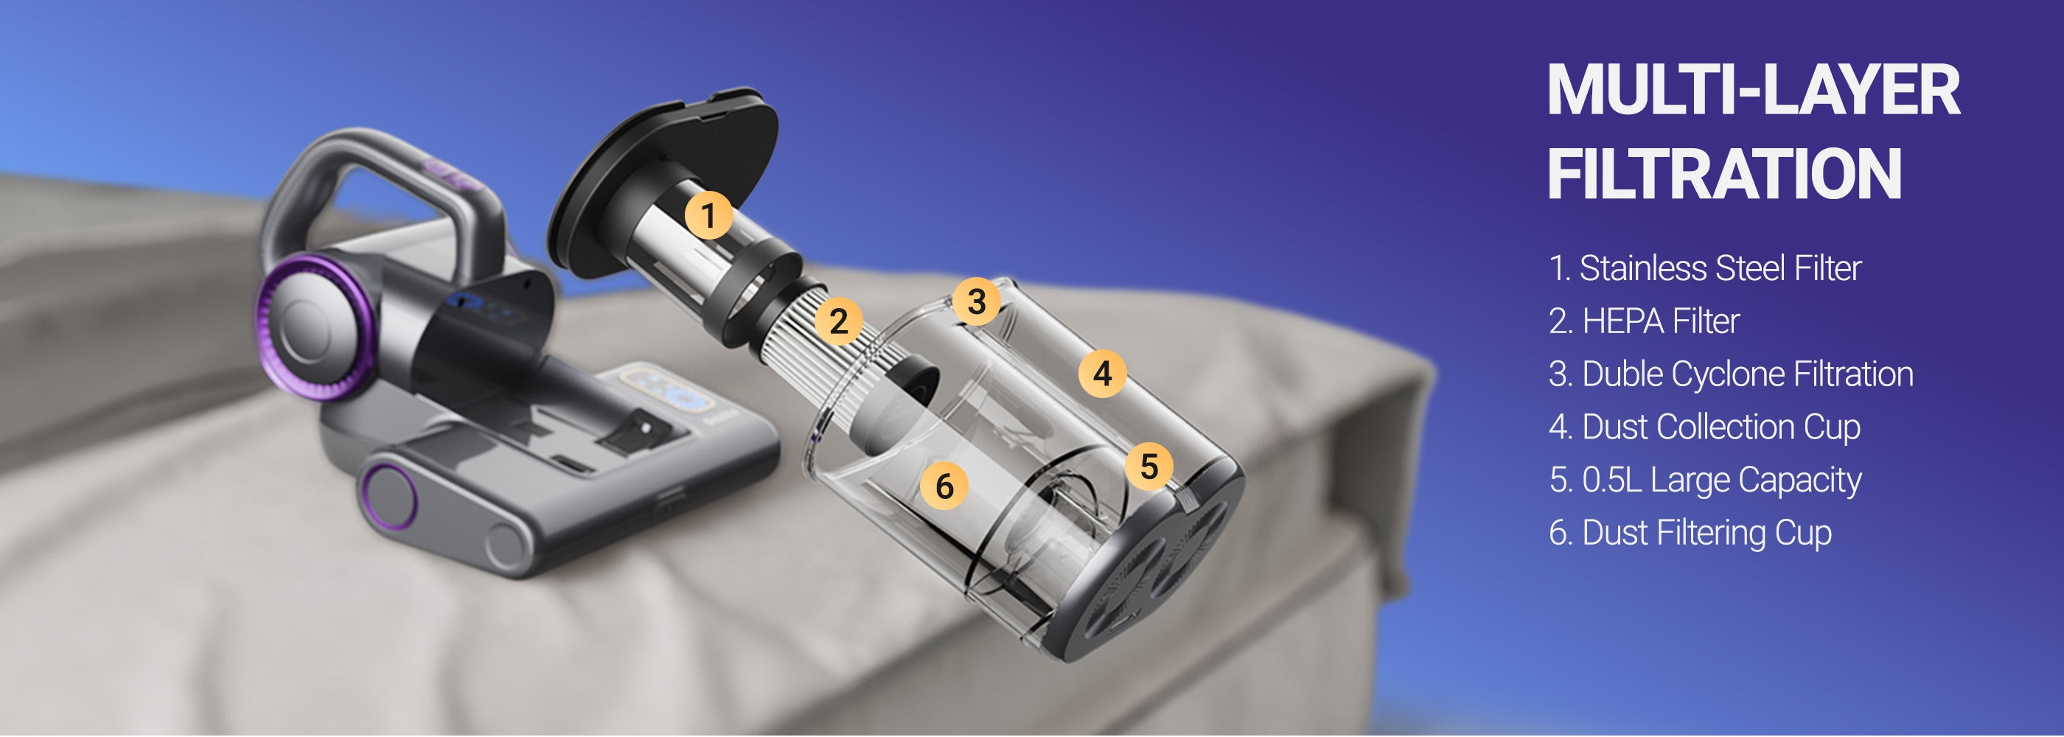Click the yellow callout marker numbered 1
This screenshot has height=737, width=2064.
(708, 214)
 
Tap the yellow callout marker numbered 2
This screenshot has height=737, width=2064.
(839, 321)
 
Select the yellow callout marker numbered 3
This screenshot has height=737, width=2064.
(976, 301)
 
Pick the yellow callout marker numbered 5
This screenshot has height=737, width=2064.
(1149, 467)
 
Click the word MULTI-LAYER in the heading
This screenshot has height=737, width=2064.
(1754, 91)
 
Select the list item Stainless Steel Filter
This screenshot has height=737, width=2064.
(1720, 268)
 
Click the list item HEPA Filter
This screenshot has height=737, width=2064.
(1660, 321)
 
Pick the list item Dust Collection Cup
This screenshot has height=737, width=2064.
(1721, 427)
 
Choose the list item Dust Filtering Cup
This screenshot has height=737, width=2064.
(1706, 534)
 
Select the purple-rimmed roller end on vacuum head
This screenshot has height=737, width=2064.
(387, 497)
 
